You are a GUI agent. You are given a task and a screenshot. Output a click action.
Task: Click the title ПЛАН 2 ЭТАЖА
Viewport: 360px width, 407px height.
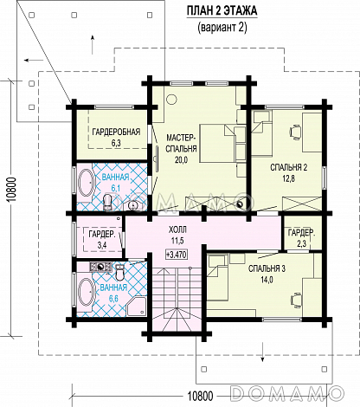(x=222, y=11)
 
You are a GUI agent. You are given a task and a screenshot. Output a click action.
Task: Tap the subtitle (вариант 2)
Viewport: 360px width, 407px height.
(x=222, y=28)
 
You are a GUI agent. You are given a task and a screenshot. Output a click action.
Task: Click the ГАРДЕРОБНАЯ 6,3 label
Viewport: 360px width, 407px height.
(x=116, y=137)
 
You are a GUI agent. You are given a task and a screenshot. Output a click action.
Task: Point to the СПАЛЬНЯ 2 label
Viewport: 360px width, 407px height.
(x=288, y=172)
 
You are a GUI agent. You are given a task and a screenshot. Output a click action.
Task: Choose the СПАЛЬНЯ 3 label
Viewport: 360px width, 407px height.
(x=267, y=274)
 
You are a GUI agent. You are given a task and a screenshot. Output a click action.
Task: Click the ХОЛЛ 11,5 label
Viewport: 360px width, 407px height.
(x=177, y=235)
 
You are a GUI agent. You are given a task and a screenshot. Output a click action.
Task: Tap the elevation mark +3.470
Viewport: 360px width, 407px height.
(x=177, y=255)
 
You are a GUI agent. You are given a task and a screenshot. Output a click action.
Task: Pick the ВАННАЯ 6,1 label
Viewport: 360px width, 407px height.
(x=115, y=183)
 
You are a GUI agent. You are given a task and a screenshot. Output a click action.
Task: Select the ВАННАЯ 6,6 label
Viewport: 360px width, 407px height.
(x=113, y=293)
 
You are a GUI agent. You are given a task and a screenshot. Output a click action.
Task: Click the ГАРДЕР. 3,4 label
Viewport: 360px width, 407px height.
(x=102, y=239)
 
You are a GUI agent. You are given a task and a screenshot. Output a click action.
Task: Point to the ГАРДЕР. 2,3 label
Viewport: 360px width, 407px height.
(x=301, y=238)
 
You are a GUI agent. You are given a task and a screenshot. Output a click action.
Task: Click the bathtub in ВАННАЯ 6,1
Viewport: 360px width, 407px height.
(x=86, y=184)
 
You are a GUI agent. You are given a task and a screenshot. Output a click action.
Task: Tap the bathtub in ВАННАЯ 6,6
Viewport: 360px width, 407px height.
(x=86, y=292)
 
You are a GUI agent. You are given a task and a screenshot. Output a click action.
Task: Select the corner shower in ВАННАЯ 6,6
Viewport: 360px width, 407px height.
(x=138, y=307)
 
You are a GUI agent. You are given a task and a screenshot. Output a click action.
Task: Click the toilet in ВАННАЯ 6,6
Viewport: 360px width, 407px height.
(x=119, y=273)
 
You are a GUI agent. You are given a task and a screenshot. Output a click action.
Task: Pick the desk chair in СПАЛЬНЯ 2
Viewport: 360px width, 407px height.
(x=295, y=132)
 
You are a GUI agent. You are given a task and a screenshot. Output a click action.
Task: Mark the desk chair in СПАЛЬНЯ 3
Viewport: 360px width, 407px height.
(x=296, y=299)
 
